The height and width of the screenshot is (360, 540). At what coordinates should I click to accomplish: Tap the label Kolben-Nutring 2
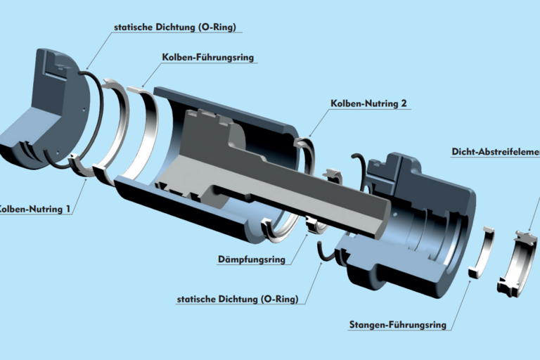pyautogui.click(x=368, y=103)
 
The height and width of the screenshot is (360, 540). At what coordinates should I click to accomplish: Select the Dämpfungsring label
pyautogui.click(x=251, y=259)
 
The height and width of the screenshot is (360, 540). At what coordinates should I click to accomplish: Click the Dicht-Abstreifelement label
pyautogui.click(x=495, y=151)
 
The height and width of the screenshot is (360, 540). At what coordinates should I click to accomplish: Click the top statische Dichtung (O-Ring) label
pyautogui.click(x=174, y=27)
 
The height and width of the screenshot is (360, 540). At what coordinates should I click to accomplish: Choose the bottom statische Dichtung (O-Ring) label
pyautogui.click(x=238, y=300)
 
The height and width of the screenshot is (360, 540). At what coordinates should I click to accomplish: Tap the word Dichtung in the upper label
pyautogui.click(x=179, y=27)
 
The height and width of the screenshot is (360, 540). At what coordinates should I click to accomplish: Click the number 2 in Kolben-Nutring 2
pyautogui.click(x=404, y=103)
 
